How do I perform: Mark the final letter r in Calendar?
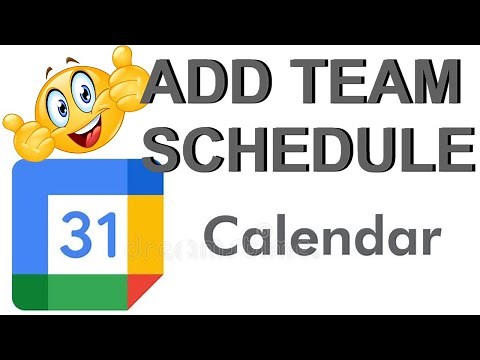pos(430,241)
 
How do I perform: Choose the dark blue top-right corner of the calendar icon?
pos(146,177)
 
